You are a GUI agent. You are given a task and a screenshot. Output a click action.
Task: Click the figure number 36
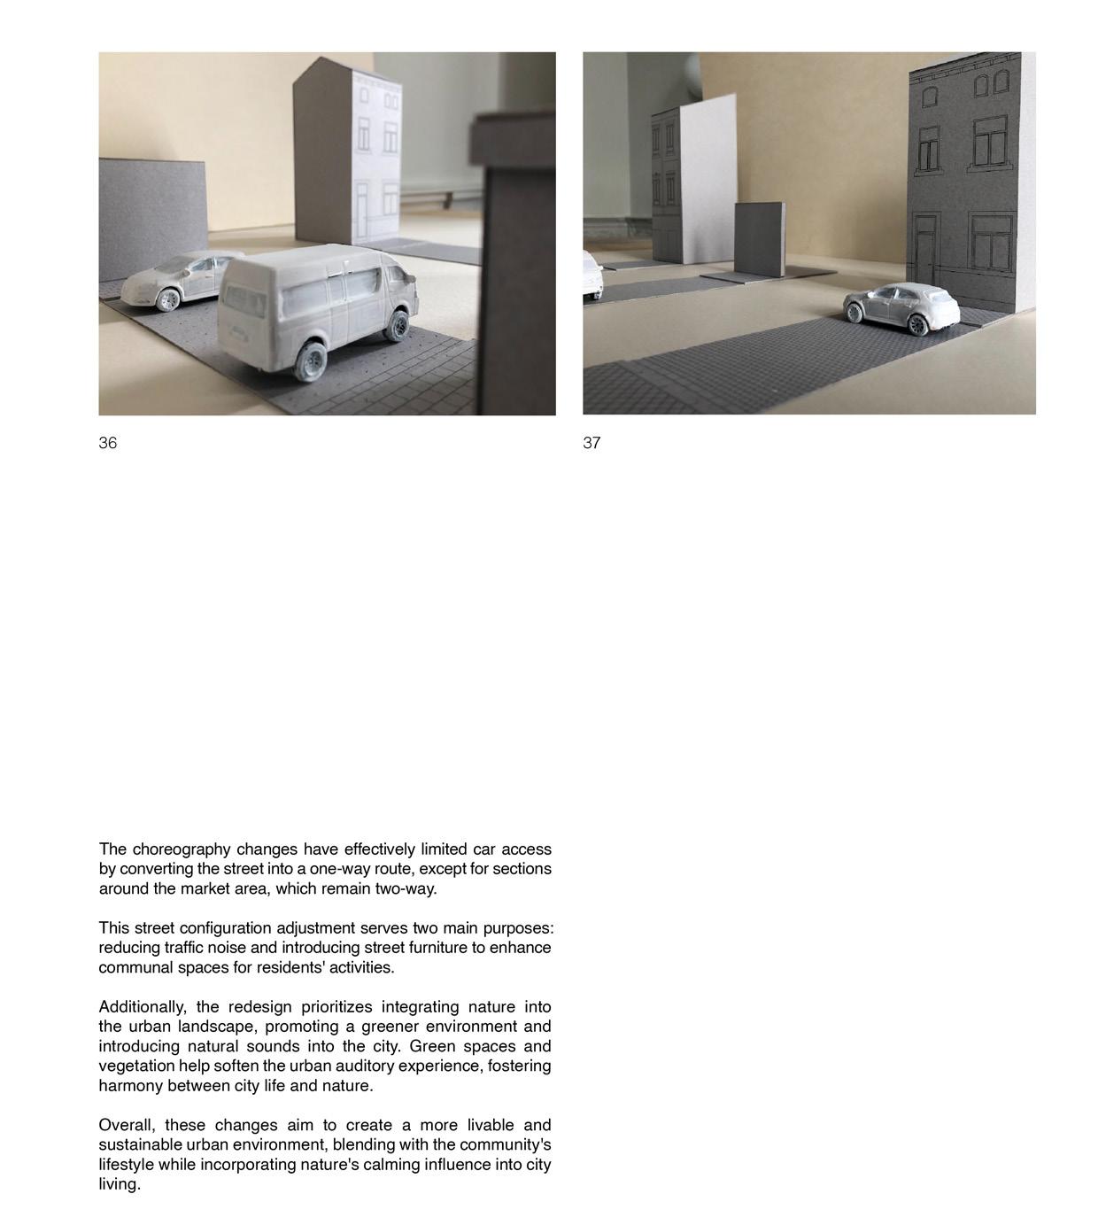tap(107, 443)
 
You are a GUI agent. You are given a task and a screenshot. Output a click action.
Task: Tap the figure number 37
tap(592, 443)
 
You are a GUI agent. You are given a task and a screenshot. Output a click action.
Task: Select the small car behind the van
tap(177, 278)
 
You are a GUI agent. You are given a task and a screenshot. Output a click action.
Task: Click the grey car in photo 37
tap(901, 308)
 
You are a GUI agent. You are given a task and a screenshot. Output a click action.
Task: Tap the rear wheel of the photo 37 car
tap(919, 325)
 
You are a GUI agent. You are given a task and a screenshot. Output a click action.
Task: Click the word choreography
tap(182, 849)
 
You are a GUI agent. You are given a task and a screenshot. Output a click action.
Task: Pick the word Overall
tap(126, 1126)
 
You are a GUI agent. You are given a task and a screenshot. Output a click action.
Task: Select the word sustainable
tap(140, 1145)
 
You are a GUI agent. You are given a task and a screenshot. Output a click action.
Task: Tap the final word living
tap(119, 1185)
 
